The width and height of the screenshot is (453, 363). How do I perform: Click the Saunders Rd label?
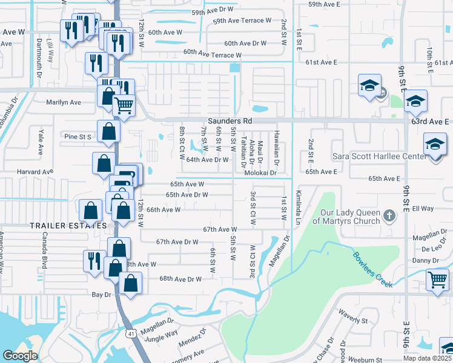tap(230, 121)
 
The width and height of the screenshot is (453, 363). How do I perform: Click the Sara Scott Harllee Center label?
tap(377, 156)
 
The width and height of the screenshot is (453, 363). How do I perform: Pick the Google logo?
tap(20, 356)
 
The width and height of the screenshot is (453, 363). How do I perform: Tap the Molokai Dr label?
tap(260, 172)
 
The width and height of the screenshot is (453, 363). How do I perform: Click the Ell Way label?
tap(423, 208)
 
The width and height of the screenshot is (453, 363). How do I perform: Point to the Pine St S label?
tap(77, 137)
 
